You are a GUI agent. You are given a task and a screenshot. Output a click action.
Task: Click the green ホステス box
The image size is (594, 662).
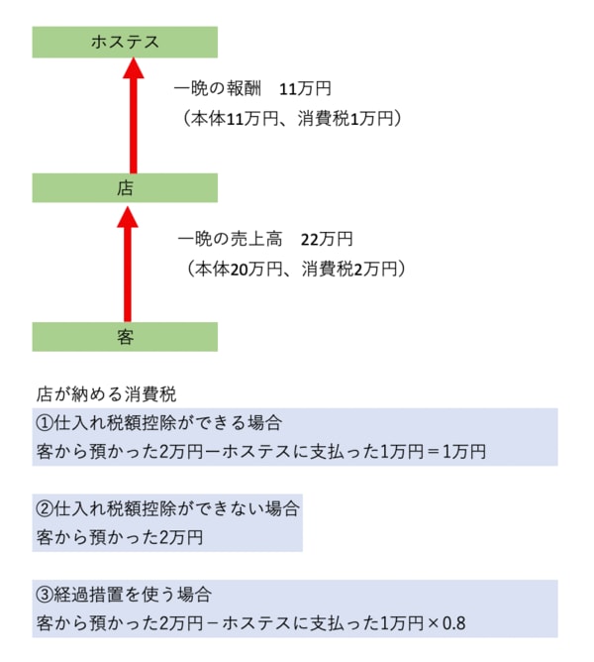pos(125,43)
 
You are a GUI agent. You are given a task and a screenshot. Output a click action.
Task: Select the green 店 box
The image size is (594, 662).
pos(125,188)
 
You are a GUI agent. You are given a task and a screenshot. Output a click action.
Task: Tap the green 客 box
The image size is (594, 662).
pos(125,337)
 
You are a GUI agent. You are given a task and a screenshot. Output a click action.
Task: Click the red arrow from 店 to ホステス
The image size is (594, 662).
pos(134,116)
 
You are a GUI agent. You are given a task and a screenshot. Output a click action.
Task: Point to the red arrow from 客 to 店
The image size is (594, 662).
pos(128,264)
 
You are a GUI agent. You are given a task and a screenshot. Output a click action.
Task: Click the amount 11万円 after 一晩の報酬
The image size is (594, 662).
pos(305,89)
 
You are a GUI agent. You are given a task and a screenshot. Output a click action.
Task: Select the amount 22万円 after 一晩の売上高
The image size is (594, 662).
pos(327,240)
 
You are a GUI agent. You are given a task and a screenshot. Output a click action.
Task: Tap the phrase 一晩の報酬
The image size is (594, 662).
pos(217,89)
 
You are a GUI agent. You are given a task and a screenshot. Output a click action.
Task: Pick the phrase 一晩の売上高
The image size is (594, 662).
pos(230,240)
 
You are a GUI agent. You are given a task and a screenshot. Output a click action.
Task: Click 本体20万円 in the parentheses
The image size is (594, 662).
pos(239,269)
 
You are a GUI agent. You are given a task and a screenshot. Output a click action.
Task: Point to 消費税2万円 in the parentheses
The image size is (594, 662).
pos(349,269)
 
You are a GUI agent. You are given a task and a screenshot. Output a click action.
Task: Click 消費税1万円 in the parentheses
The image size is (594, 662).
pos(346,119)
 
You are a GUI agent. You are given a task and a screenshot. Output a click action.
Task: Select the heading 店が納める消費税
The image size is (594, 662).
pos(106,394)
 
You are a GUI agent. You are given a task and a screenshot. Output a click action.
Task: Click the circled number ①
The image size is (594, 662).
pos(45,423)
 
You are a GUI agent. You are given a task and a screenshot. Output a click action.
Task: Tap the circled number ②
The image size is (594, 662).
pos(45,509)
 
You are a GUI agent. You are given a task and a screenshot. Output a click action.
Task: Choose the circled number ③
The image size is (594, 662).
pos(45,595)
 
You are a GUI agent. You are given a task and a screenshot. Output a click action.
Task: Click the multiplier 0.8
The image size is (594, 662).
pos(454,623)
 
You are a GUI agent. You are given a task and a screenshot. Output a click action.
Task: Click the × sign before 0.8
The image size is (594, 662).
pos(433,623)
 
